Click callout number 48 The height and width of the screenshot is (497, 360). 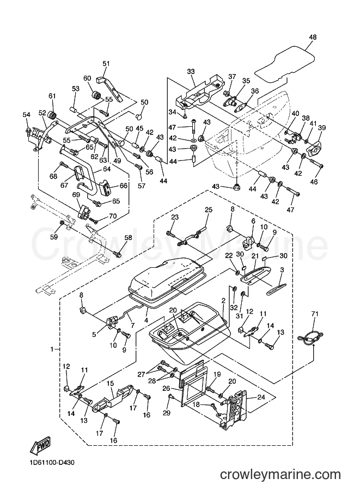[x=313, y=37]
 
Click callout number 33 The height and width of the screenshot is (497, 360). [x=191, y=72]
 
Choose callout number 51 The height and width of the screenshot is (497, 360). [x=106, y=63]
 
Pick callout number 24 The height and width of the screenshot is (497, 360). [x=253, y=396]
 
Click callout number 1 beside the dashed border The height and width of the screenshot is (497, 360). [x=52, y=349]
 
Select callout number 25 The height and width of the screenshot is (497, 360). [x=209, y=210]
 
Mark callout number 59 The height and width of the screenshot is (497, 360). [x=54, y=237]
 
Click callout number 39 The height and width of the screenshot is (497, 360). [x=322, y=127]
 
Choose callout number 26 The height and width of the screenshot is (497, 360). [x=167, y=388]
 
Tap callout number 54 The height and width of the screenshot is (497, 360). [x=27, y=114]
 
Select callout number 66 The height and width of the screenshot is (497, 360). [x=123, y=186]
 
